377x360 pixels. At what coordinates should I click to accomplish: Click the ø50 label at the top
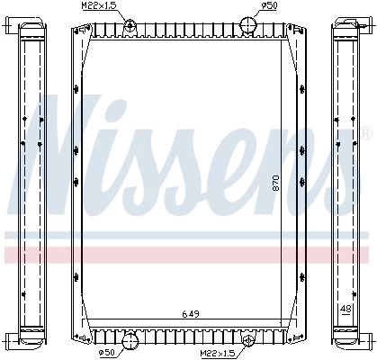click(x=270, y=5)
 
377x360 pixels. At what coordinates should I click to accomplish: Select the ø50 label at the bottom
click(x=107, y=353)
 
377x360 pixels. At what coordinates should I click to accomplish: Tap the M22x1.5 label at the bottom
click(x=218, y=353)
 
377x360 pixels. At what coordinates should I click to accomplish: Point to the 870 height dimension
click(x=275, y=183)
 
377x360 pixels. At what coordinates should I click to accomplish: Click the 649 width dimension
click(x=191, y=314)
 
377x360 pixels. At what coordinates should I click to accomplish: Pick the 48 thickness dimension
click(x=346, y=308)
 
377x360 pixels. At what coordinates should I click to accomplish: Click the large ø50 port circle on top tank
click(x=248, y=25)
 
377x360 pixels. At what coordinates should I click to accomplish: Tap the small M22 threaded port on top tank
click(x=130, y=24)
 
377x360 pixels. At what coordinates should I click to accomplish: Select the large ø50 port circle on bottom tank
click(x=130, y=341)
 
